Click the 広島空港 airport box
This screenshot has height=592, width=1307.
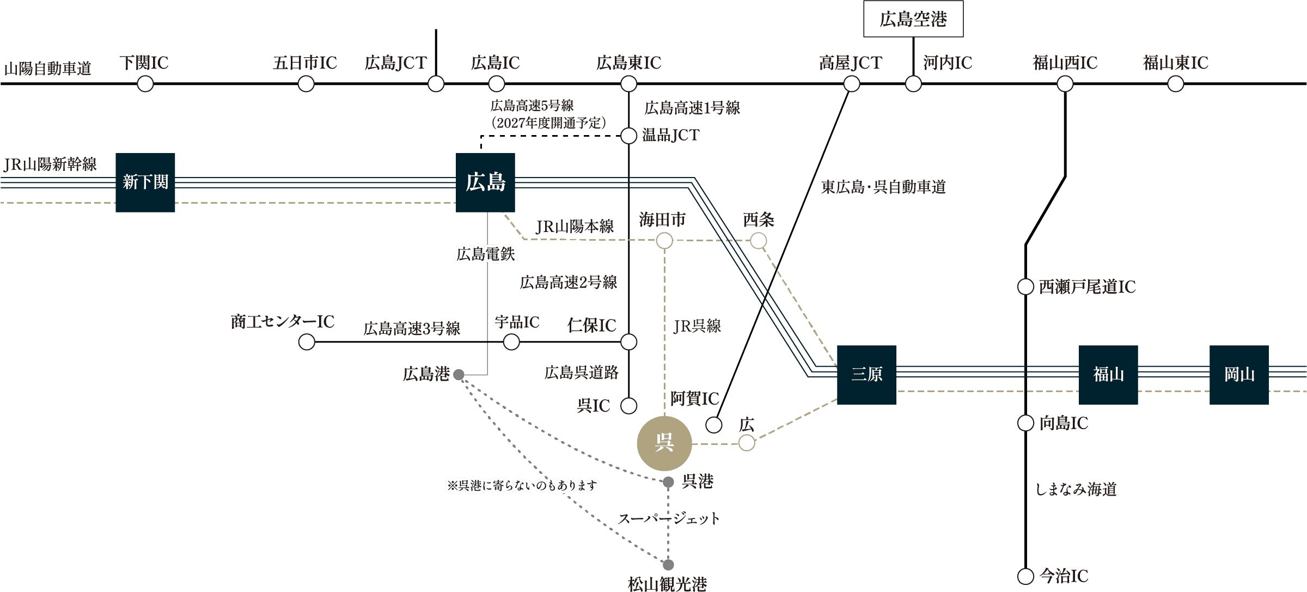pyautogui.click(x=913, y=19)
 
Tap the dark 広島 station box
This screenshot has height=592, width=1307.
pyautogui.click(x=485, y=182)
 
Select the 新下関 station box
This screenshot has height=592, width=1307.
pyautogui.click(x=145, y=182)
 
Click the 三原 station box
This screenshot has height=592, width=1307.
pyautogui.click(x=866, y=375)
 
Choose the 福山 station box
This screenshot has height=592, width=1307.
pyautogui.click(x=1108, y=375)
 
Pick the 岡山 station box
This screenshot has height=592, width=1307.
pyautogui.click(x=1239, y=375)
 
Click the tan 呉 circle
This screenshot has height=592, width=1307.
pyautogui.click(x=664, y=443)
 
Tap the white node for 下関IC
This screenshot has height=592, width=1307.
pyautogui.click(x=145, y=84)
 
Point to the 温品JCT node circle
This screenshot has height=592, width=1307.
pyautogui.click(x=629, y=136)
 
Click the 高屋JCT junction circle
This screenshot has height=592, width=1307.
pyautogui.click(x=852, y=84)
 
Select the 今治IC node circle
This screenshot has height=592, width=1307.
pyautogui.click(x=1025, y=576)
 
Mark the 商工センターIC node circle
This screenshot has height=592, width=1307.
pyautogui.click(x=307, y=342)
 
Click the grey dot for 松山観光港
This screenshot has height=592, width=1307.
pyautogui.click(x=668, y=565)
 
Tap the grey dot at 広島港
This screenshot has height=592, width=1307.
pyautogui.click(x=459, y=375)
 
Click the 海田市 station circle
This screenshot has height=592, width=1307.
pyautogui.click(x=664, y=241)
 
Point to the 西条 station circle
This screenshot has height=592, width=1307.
pyautogui.click(x=759, y=241)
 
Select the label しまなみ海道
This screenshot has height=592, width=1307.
pyautogui.click(x=1076, y=490)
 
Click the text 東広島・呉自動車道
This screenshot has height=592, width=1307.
pyautogui.click(x=883, y=187)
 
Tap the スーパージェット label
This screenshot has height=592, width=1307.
pyautogui.click(x=668, y=518)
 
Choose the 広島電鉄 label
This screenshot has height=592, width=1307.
pyautogui.click(x=485, y=254)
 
